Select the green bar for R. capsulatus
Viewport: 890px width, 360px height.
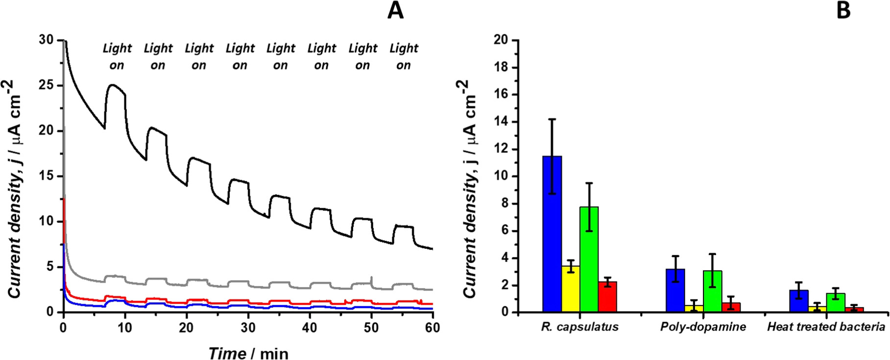589,260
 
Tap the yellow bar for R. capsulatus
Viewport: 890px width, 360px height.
571,289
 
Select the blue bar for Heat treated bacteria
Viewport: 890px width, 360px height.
799,301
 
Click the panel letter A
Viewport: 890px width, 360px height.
395,11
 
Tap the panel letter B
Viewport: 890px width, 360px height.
843,11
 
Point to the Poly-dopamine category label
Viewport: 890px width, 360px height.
703,327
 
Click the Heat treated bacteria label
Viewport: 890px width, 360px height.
826,327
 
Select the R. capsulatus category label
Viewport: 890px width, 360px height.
579,327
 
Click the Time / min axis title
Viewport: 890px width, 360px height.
248,353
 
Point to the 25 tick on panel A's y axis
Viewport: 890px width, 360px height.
47,85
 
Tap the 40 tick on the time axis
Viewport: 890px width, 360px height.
310,328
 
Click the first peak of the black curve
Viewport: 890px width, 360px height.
113,85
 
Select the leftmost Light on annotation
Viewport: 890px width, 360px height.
117,56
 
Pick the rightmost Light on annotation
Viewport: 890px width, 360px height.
404,56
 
